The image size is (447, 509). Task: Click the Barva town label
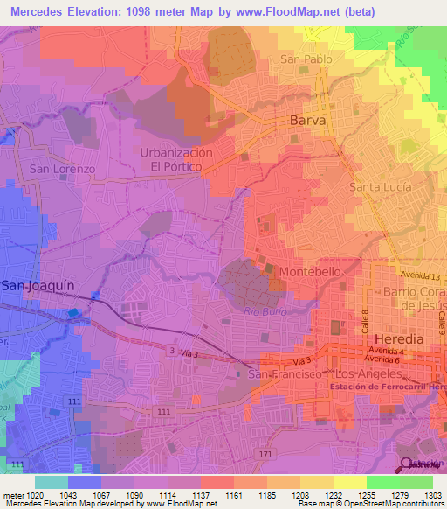[x=308, y=120]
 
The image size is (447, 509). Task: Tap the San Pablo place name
[x=306, y=59]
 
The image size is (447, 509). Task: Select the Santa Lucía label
[x=381, y=187]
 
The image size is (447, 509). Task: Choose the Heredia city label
[x=398, y=338]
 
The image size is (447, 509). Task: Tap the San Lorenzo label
[x=62, y=168]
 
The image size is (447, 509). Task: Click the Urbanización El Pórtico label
[x=176, y=158]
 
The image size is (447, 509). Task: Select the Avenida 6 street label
[x=385, y=360]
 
